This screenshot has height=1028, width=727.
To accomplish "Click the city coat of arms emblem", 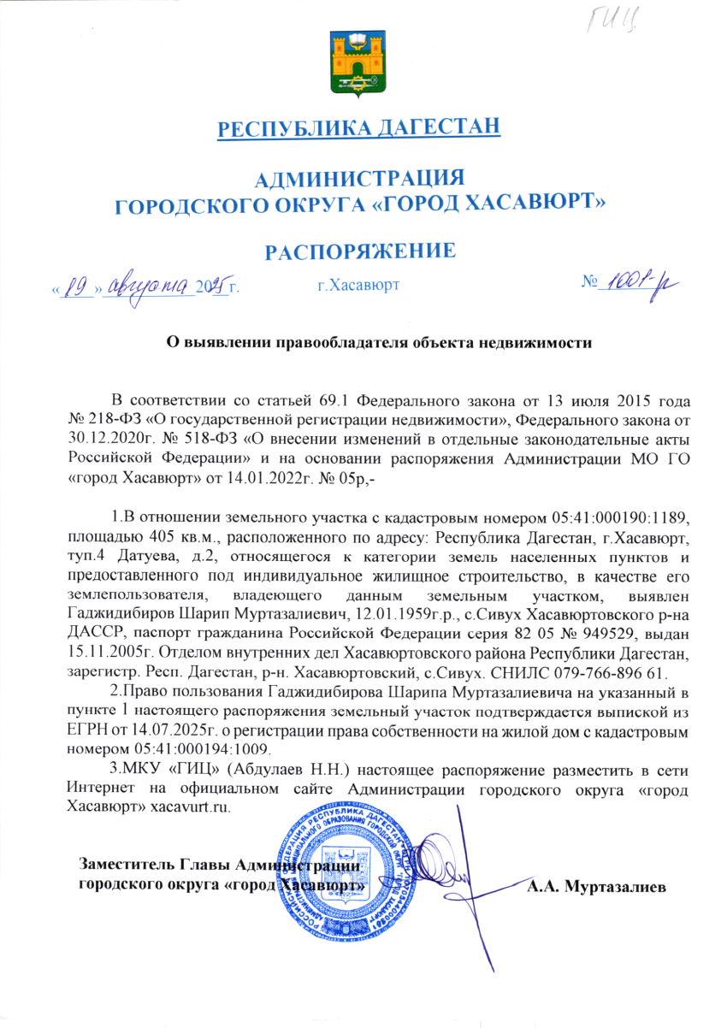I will [x=358, y=64].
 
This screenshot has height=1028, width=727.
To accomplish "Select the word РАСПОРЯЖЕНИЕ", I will [x=358, y=251].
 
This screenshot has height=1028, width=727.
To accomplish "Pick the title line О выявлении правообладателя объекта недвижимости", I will [x=378, y=343].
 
